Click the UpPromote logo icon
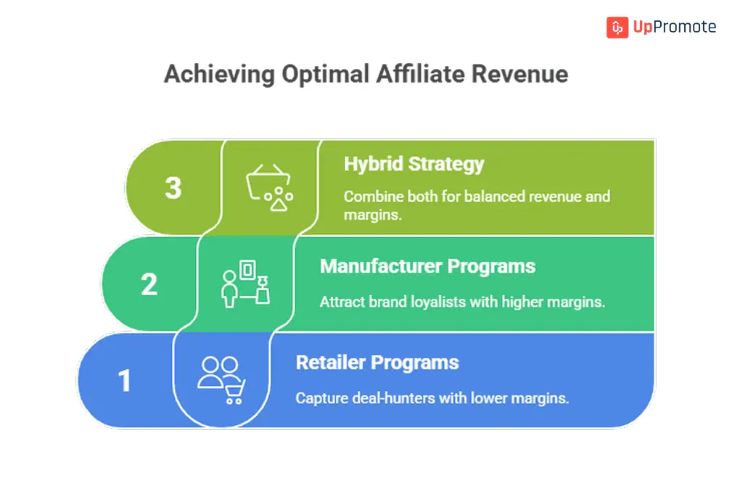click(x=617, y=28)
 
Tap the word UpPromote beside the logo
click(x=674, y=28)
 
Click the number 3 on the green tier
click(x=173, y=188)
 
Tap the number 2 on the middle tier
click(x=149, y=284)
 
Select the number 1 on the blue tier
click(x=125, y=381)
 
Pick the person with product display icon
click(x=245, y=284)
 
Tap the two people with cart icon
click(x=221, y=379)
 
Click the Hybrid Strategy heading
click(x=414, y=164)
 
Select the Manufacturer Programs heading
click(x=427, y=266)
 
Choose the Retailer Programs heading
click(x=377, y=363)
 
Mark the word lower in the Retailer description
click(x=493, y=398)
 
